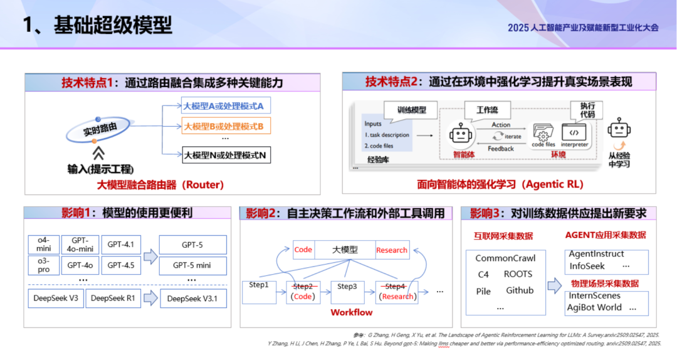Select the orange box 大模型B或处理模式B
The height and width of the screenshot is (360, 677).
[223, 126]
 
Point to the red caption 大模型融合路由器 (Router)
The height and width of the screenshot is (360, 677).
[160, 184]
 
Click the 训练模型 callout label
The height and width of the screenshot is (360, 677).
[411, 110]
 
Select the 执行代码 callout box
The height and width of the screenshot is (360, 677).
[587, 110]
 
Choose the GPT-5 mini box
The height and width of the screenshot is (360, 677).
[192, 265]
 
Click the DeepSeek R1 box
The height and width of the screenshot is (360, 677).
[113, 298]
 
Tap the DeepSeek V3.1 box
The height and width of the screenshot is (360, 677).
[192, 299]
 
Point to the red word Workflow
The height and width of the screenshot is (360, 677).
[351, 312]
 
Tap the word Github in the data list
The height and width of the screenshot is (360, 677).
[520, 290]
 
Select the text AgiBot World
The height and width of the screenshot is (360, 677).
[595, 307]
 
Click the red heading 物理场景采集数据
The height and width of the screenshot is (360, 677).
[605, 283]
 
